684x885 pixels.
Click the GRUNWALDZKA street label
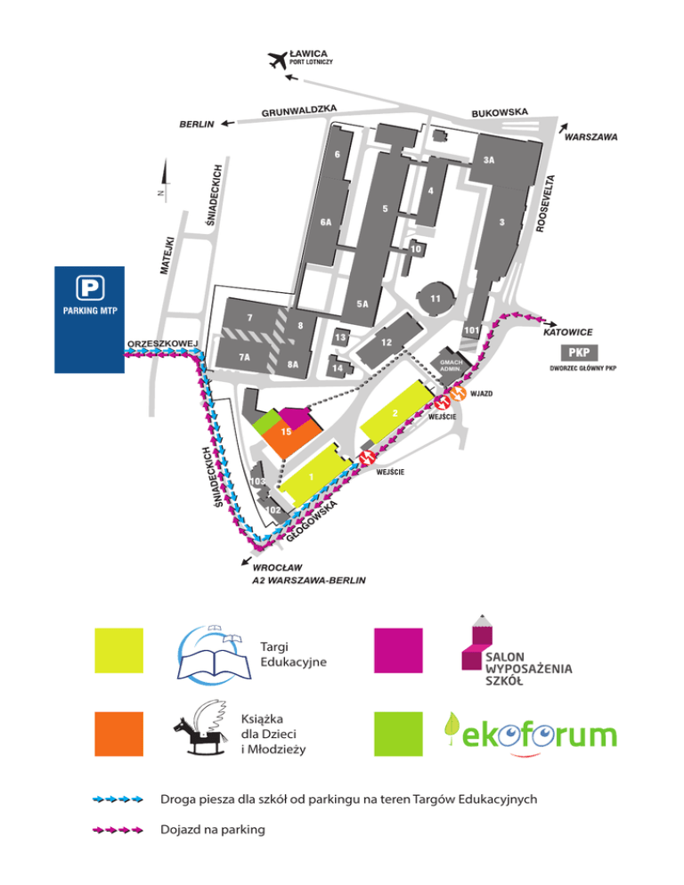pyautogui.click(x=298, y=111)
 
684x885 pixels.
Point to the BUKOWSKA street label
pyautogui.click(x=500, y=112)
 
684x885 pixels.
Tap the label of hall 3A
pyautogui.click(x=489, y=161)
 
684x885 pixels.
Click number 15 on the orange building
pyautogui.click(x=287, y=432)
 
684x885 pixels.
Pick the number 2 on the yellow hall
pyautogui.click(x=394, y=413)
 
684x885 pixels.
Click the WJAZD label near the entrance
pyautogui.click(x=482, y=393)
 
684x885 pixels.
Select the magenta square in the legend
pyautogui.click(x=397, y=651)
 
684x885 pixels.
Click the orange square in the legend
pyautogui.click(x=119, y=735)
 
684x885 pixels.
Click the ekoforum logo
pyautogui.click(x=530, y=734)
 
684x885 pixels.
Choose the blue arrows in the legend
pyautogui.click(x=119, y=800)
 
